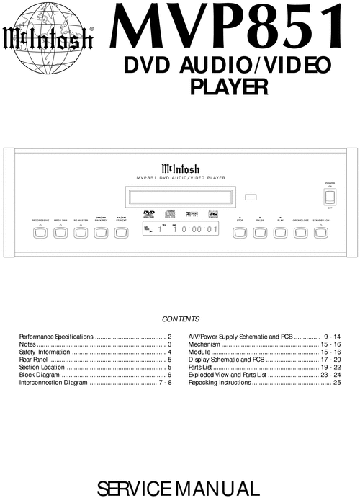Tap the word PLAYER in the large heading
228,87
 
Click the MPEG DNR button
60,232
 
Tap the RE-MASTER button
81,232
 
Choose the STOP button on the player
240,232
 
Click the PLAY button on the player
280,232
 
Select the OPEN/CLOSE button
300,232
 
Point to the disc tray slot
180,196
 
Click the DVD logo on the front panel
150,214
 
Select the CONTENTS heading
180,319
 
